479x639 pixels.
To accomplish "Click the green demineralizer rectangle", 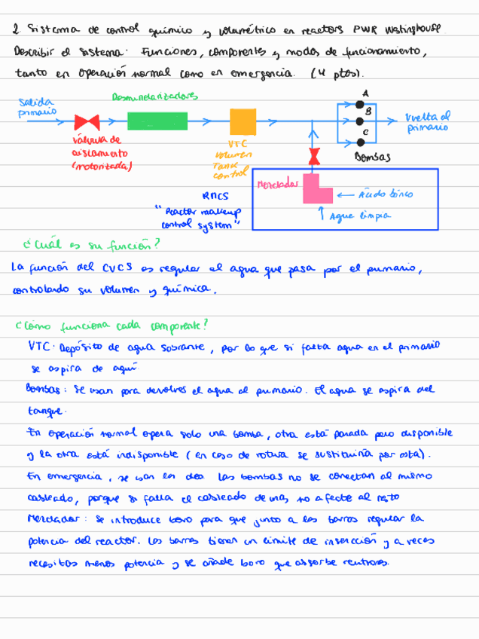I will (x=157, y=121).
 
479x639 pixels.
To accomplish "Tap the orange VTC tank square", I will (x=243, y=121).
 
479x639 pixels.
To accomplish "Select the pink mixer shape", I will (x=316, y=189).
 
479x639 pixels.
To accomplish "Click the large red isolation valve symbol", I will (x=87, y=121).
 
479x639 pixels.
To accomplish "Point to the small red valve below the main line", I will (x=312, y=156).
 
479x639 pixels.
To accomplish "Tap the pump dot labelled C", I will (x=360, y=141).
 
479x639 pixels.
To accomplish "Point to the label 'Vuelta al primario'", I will (x=428, y=121).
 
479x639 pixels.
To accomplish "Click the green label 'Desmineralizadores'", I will (x=154, y=96).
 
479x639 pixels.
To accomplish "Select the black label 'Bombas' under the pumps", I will (x=371, y=157).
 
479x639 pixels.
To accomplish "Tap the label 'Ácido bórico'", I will (x=385, y=194).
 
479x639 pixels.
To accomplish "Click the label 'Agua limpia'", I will (x=366, y=216).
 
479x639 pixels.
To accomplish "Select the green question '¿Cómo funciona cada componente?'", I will (x=111, y=326).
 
